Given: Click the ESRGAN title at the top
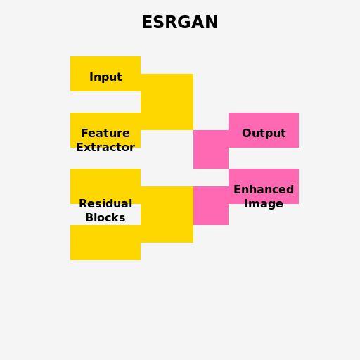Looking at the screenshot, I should pyautogui.click(x=180, y=22).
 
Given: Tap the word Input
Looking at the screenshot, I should pyautogui.click(x=105, y=77).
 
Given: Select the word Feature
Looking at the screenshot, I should pyautogui.click(x=105, y=134).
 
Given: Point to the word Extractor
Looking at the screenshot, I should pyautogui.click(x=105, y=148).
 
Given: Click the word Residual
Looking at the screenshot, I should pyautogui.click(x=105, y=204).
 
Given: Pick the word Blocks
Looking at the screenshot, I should pyautogui.click(x=105, y=218).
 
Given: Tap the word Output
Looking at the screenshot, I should pyautogui.click(x=264, y=134).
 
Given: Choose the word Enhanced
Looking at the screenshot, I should pyautogui.click(x=264, y=190).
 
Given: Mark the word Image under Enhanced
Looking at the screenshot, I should pyautogui.click(x=264, y=204).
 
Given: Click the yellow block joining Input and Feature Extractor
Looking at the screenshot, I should pyautogui.click(x=167, y=102).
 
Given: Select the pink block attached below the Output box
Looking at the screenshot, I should pyautogui.click(x=211, y=151).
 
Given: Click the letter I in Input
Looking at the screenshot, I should pyautogui.click(x=91, y=77).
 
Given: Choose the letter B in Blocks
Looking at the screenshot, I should pyautogui.click(x=89, y=218).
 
